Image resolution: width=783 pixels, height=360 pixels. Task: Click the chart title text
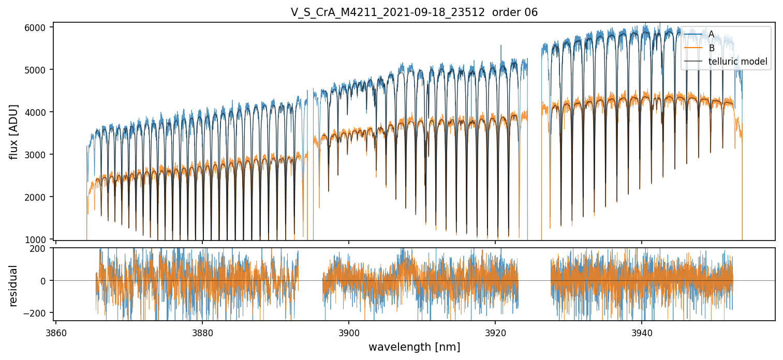[x=414, y=12]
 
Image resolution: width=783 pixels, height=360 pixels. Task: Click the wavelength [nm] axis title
[x=414, y=347]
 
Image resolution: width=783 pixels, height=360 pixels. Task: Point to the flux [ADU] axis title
[x=13, y=131]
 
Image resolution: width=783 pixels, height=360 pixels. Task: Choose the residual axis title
[x=13, y=285]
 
